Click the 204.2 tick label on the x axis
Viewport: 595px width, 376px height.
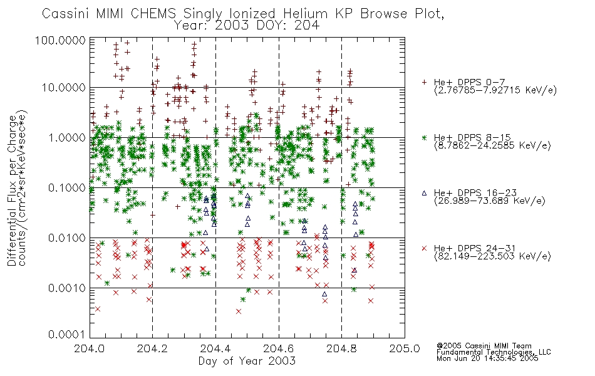pos(152,348)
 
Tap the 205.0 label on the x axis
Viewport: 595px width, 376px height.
pos(405,348)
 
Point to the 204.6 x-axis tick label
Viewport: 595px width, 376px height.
pos(279,348)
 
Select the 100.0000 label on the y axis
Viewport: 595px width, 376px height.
pos(60,40)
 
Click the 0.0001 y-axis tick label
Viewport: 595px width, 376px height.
pos(67,335)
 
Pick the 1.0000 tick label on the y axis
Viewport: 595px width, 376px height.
pos(67,137)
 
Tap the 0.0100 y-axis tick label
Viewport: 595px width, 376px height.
pos(67,238)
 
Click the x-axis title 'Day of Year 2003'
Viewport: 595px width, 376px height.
pos(247,361)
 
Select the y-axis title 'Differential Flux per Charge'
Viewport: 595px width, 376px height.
pos(12,191)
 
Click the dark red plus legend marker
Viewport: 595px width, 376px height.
pos(424,82)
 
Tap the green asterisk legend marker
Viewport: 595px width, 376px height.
pos(424,137)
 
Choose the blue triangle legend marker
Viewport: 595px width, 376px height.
pos(424,193)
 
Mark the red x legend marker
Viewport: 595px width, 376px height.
pos(424,248)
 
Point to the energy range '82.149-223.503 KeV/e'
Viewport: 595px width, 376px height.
pos(492,256)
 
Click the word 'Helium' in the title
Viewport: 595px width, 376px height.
pos(305,14)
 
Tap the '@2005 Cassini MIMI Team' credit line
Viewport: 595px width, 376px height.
pos(484,346)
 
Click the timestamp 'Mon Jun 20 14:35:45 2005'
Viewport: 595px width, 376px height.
pos(487,358)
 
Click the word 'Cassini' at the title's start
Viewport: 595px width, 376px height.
pos(66,14)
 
